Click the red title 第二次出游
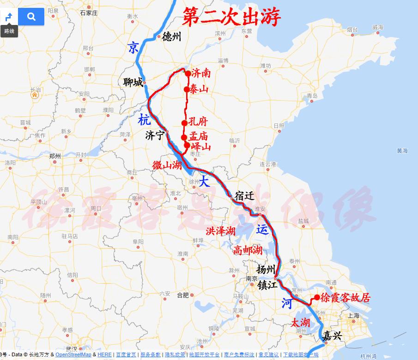click(231, 18)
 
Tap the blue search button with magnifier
click(31, 17)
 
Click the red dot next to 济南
click(188, 73)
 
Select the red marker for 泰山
click(186, 90)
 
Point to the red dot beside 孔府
click(184, 123)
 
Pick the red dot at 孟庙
click(184, 137)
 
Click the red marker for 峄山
click(187, 145)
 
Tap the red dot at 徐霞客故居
click(317, 297)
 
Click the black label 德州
click(172, 37)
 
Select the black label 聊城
click(133, 83)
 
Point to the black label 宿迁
click(244, 195)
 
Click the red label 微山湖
click(167, 165)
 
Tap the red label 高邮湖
click(248, 250)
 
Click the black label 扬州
click(266, 269)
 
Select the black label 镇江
click(268, 285)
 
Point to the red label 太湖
click(300, 323)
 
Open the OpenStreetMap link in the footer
click(73, 355)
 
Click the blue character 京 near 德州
click(133, 48)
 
